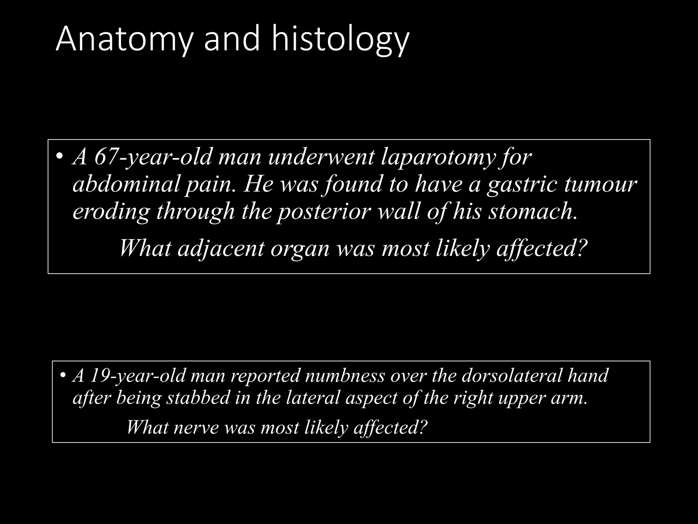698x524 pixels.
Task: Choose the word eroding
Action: (111, 211)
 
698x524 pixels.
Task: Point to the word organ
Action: (300, 248)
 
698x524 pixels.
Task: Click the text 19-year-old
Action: (138, 376)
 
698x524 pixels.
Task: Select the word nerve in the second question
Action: (196, 427)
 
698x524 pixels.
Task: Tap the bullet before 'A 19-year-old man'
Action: (63, 375)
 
